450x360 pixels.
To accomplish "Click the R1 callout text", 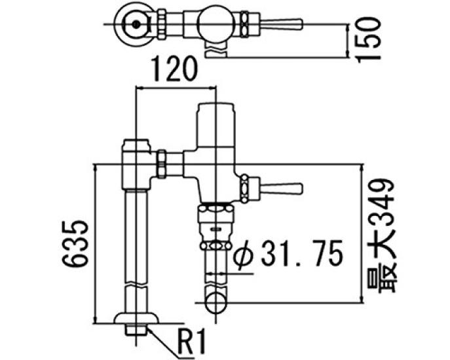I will coord(193,341).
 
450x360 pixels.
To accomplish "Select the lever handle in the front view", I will coord(282,189).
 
